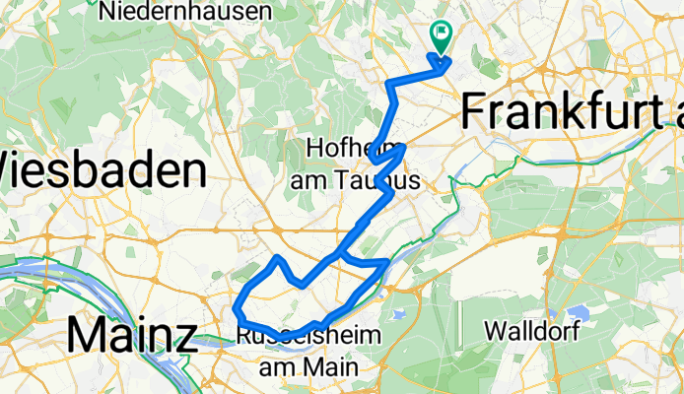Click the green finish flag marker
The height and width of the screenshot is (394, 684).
pyautogui.click(x=440, y=35)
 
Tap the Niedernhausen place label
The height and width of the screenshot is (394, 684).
pyautogui.click(x=185, y=12)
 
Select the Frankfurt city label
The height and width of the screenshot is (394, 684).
pyautogui.click(x=572, y=111)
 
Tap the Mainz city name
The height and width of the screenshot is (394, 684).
pyautogui.click(x=131, y=336)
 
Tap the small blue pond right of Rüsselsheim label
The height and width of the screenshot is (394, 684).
pyautogui.click(x=399, y=315)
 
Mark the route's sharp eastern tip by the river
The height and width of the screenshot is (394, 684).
pyautogui.click(x=387, y=263)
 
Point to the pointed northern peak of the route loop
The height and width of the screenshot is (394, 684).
pyautogui.click(x=279, y=257)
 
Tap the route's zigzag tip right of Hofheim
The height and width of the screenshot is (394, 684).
pyautogui.click(x=405, y=147)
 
